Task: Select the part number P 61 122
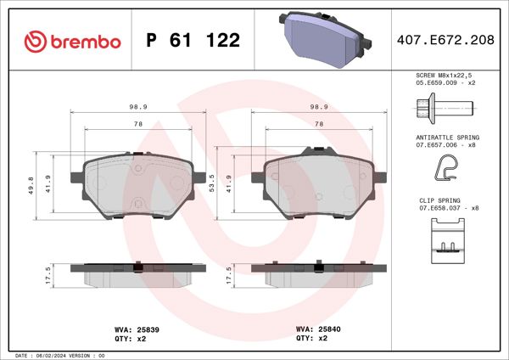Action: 193,40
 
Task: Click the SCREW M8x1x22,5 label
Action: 448,76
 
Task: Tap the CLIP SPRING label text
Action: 439,200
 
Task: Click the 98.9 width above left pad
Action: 132,108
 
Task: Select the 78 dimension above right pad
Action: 319,124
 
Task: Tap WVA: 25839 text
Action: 131,328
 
